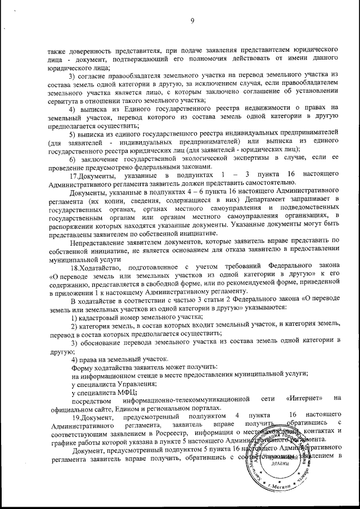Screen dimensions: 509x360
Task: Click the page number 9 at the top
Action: point(192,21)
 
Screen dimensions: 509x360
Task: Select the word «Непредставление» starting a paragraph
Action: point(92,241)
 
